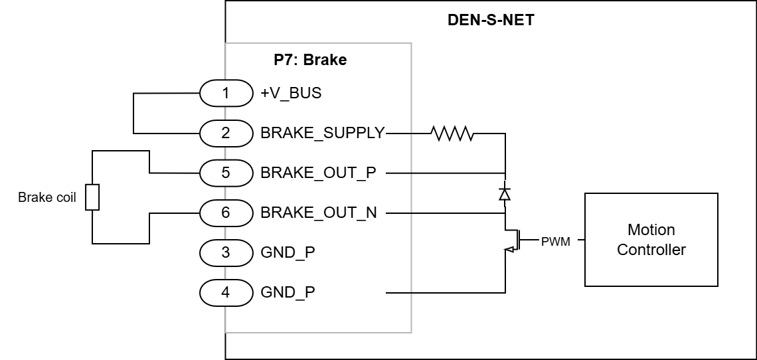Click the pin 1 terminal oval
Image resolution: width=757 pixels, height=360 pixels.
226,93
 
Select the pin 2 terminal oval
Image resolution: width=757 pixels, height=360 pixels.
226,133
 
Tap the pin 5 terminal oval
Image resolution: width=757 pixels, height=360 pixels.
226,173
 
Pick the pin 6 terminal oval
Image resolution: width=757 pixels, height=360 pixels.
226,213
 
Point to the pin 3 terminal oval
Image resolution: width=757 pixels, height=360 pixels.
226,252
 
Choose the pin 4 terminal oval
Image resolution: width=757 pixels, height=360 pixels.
226,292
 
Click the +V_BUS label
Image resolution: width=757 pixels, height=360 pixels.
291,93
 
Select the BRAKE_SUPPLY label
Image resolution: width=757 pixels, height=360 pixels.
323,133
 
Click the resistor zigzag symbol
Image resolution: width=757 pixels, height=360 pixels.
452,133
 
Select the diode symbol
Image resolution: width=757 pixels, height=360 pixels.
505,194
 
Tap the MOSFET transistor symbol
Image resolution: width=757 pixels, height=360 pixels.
512,240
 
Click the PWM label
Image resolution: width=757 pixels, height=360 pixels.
556,241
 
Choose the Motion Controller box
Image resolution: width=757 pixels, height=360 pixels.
651,240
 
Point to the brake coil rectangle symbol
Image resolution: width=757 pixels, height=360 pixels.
93,197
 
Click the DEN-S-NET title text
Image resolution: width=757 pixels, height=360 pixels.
491,20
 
